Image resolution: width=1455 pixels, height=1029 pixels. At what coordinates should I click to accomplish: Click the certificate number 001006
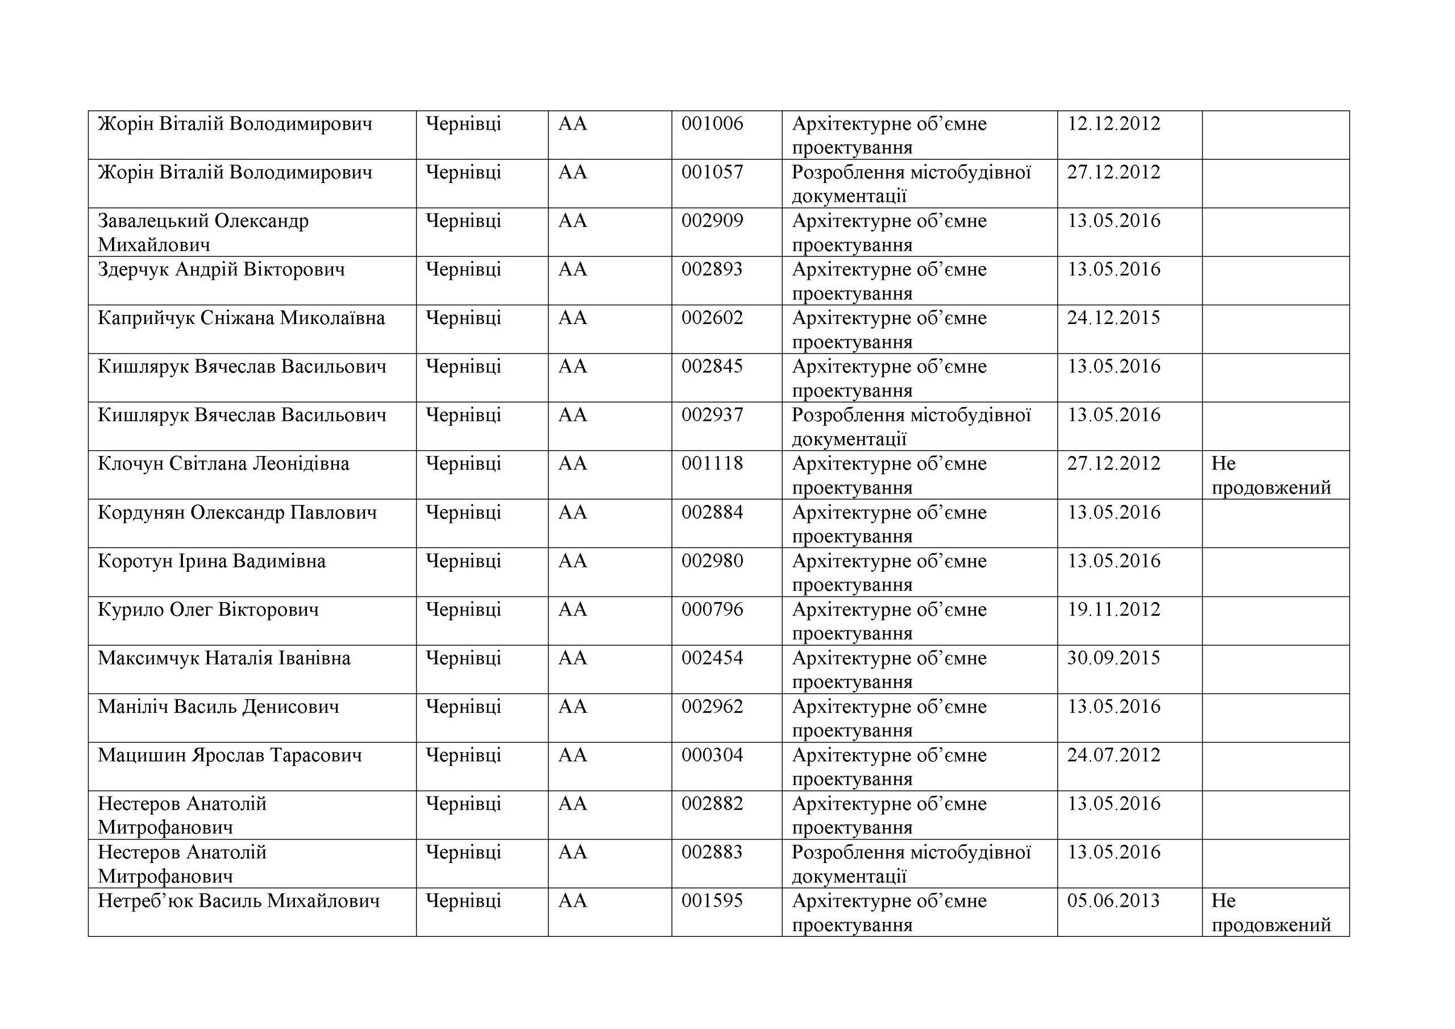point(712,123)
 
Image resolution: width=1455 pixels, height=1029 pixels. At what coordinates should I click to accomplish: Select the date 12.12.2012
point(1113,123)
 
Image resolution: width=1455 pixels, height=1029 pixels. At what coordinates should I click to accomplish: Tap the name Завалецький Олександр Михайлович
point(203,233)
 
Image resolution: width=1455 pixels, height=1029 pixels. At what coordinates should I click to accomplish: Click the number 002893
point(712,269)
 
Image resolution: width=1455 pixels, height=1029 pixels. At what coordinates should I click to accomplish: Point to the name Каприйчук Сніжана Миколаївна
point(241,318)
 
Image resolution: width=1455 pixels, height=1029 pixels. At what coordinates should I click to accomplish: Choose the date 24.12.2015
point(1113,318)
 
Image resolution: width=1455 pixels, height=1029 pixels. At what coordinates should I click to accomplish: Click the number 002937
point(712,415)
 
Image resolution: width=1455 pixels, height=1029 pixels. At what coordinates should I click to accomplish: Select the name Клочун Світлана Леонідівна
point(223,464)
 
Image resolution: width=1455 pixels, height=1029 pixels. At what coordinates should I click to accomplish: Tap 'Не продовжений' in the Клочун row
point(1271,475)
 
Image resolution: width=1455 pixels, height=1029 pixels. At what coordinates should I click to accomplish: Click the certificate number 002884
point(712,512)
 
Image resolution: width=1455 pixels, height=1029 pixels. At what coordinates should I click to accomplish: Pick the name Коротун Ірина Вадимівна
point(211,561)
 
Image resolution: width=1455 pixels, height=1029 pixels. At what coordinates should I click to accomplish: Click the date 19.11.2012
point(1113,609)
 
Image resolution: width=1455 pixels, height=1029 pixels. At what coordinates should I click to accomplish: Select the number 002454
point(712,658)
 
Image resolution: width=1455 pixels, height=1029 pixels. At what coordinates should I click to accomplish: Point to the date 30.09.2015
point(1113,658)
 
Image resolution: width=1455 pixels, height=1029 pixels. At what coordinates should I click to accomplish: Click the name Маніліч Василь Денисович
point(218,707)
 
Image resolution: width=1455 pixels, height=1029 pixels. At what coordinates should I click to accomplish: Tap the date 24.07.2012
point(1113,755)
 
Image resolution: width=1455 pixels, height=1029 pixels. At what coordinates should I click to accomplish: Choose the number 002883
point(712,852)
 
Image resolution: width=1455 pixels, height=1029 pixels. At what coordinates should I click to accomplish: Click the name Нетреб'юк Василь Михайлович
point(238,901)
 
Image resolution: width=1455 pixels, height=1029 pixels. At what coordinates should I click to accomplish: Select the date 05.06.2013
point(1113,901)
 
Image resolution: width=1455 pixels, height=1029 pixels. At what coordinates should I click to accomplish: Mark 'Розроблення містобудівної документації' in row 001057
point(911,184)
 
